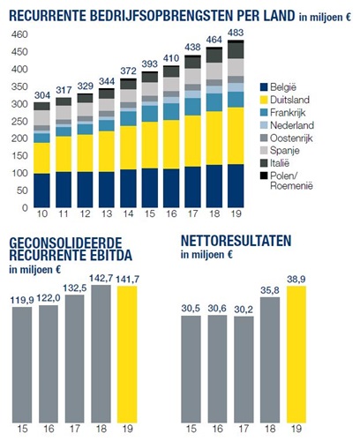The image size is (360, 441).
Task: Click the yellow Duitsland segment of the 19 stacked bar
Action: click(236, 136)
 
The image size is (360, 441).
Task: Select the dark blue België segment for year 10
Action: click(41, 191)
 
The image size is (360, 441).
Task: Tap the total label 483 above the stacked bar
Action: click(236, 33)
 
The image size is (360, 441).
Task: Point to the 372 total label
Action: click(128, 71)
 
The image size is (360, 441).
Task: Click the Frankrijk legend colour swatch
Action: click(264, 112)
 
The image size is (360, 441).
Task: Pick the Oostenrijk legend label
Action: click(291, 138)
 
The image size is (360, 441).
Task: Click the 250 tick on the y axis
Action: click(19, 121)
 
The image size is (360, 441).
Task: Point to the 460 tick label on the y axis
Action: click(19, 34)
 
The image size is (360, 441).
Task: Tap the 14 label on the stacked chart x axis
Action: click(128, 213)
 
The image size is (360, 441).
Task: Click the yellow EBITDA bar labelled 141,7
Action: click(127, 355)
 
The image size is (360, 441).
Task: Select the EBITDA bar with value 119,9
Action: click(22, 365)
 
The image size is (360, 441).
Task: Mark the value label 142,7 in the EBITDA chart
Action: click(101, 278)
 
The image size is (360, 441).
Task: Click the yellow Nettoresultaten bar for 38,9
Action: click(296, 355)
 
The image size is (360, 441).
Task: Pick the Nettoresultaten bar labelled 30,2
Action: click(244, 370)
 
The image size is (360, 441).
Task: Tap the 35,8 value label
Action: click(270, 290)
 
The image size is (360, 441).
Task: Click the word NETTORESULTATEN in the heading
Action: click(236, 241)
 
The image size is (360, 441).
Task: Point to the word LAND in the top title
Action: click(279, 16)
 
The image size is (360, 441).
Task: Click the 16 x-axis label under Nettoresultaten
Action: click(217, 429)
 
